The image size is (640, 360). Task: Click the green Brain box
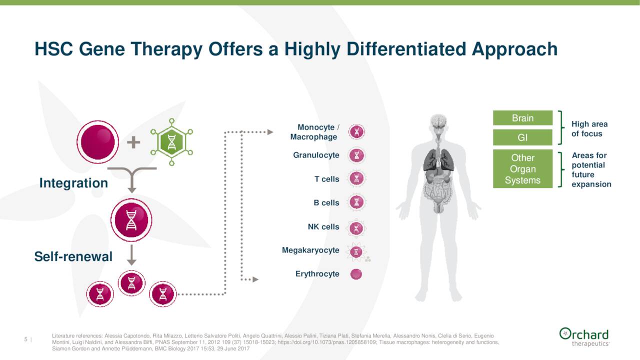[522, 118]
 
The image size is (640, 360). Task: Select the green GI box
[522, 137]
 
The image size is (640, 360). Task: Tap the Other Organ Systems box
[522, 169]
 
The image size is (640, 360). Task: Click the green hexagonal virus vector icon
[171, 142]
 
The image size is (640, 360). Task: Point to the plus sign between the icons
[133, 143]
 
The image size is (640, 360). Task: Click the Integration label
[73, 183]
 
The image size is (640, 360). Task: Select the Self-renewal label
[73, 257]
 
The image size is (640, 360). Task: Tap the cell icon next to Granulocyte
[356, 155]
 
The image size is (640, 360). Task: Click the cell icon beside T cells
[356, 179]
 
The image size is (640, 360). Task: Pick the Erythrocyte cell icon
[356, 274]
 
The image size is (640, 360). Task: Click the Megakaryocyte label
[310, 250]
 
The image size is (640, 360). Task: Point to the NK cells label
[323, 227]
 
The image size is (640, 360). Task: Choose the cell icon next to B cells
[356, 202]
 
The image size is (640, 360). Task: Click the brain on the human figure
[439, 121]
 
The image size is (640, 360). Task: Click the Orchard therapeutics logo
[584, 336]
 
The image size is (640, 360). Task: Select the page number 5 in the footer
[26, 340]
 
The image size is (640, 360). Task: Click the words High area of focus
[589, 129]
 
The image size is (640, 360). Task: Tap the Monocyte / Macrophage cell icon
[356, 132]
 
